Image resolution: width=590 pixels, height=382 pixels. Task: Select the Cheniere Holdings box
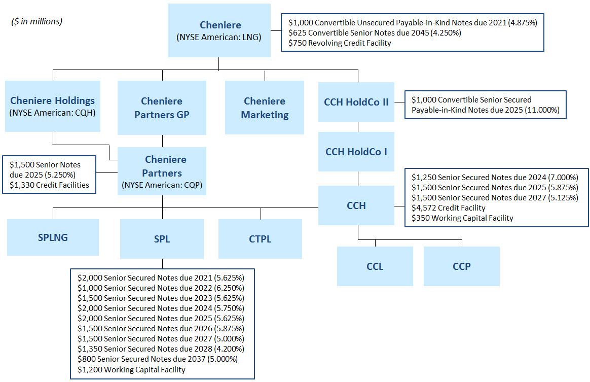pos(53,106)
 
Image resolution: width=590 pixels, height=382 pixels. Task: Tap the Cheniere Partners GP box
pos(162,108)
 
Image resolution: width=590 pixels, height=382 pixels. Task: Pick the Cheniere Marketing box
pos(265,108)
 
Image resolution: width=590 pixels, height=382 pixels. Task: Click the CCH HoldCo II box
pos(356,102)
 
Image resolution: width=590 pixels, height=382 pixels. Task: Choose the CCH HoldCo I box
pos(356,151)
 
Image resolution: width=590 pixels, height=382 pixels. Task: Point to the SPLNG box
pos(53,237)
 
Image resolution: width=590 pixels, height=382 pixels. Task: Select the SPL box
pos(162,239)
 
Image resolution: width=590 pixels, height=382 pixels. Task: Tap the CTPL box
pos(260,239)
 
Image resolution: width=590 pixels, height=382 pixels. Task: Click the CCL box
pos(375,266)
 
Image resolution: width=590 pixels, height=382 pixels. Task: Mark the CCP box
pos(461,266)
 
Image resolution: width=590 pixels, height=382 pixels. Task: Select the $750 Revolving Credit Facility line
pos(340,43)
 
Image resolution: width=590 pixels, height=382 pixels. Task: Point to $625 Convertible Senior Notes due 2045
pos(374,33)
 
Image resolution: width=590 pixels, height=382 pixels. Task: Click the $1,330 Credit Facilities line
pos(49,185)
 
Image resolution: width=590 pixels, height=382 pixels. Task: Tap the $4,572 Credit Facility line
pos(448,207)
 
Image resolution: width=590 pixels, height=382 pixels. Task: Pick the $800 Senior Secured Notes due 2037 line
pos(157,359)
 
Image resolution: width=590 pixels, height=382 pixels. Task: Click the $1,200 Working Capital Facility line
pos(131,369)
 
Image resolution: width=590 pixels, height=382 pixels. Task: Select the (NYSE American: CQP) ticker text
pos(162,185)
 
